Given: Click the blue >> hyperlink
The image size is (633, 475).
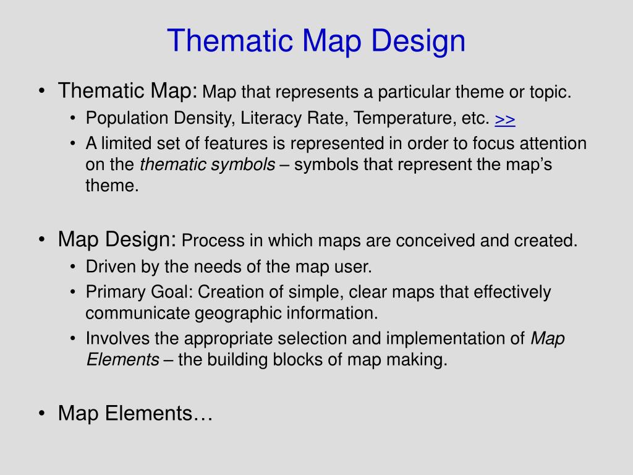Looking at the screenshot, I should point(505,118).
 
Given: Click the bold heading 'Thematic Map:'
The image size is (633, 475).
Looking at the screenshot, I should point(127,92).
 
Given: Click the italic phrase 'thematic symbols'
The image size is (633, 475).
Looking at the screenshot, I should point(207,165).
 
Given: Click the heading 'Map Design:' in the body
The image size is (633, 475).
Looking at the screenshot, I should point(117,239).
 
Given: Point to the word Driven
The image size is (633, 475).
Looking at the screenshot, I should point(105,267).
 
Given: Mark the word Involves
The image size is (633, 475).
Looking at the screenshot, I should point(111,339).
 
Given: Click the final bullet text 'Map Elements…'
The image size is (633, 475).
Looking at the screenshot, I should point(135,413).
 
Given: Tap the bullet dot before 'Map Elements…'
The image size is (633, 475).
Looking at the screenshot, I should point(41,414).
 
